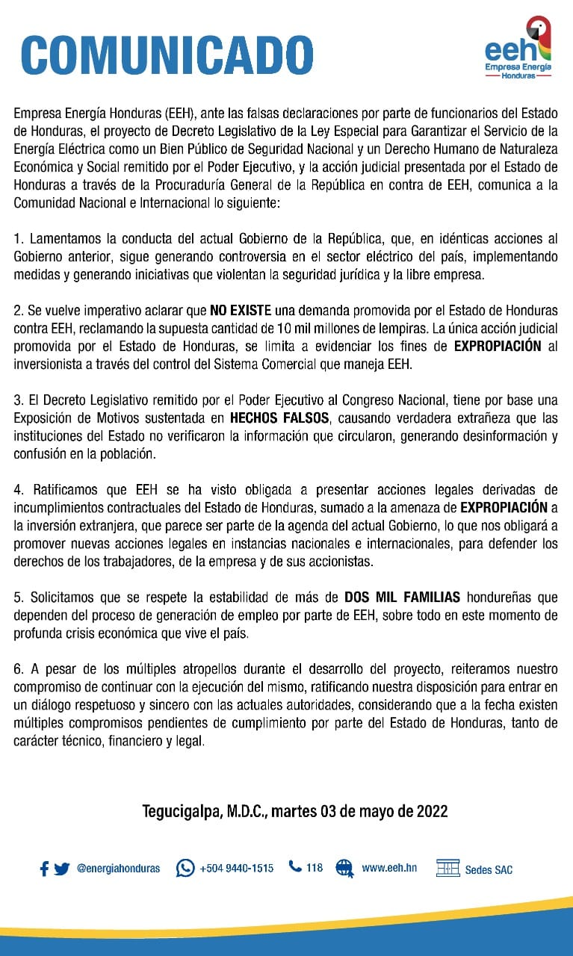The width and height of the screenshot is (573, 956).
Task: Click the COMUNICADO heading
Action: (x=167, y=54)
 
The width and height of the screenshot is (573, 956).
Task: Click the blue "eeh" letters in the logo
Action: (x=510, y=51)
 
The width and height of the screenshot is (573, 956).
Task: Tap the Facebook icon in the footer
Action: (x=44, y=869)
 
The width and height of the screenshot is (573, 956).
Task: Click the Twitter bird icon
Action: (x=61, y=869)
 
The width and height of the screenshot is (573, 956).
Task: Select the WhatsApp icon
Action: (x=185, y=868)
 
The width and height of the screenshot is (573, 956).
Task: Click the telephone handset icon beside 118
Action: (x=295, y=867)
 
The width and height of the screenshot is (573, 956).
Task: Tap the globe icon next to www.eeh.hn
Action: (x=344, y=868)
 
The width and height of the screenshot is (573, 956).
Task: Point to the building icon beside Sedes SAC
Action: (x=447, y=868)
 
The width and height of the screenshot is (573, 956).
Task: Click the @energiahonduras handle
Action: (x=118, y=869)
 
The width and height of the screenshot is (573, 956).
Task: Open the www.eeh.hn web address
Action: (x=388, y=868)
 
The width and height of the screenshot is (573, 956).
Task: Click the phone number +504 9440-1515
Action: (x=236, y=869)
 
